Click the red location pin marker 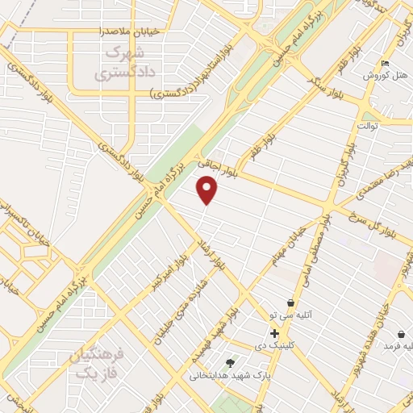[208, 190]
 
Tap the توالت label [367, 127]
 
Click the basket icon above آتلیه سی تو [290, 302]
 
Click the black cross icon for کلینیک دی [275, 332]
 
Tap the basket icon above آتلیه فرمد [402, 334]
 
